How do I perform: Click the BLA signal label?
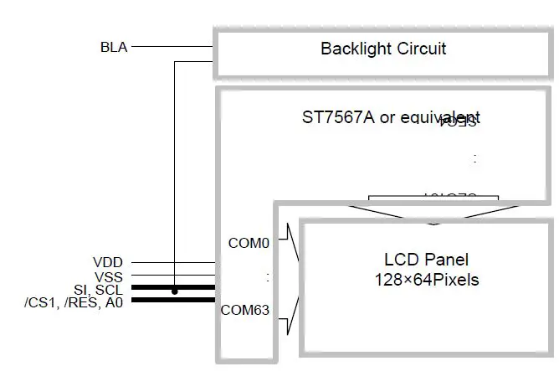[x=113, y=47]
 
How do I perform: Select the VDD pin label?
[x=109, y=263]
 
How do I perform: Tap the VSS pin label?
[x=109, y=276]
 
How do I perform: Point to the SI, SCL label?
[x=97, y=289]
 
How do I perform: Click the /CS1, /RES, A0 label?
[x=74, y=302]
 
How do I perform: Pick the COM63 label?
[x=245, y=310]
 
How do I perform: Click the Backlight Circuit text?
[x=383, y=49]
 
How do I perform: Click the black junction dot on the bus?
[x=174, y=291]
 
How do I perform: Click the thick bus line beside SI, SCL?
[x=192, y=288]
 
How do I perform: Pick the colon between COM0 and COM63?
[x=267, y=276]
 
